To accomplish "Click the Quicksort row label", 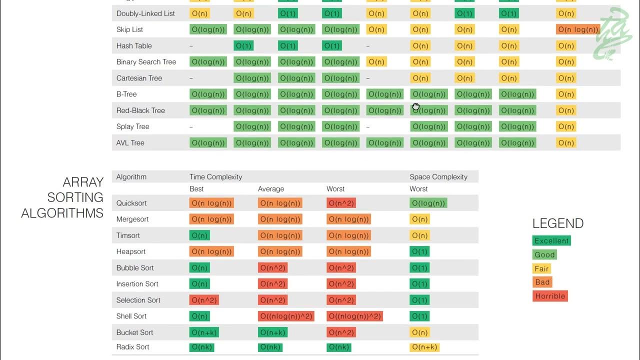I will click(x=131, y=203).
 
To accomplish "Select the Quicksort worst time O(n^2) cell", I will click(x=340, y=203).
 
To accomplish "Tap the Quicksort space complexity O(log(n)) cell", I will click(x=428, y=203).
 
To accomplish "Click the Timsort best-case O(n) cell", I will click(x=199, y=235).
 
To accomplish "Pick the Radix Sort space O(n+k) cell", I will click(x=424, y=347).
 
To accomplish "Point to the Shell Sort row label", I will click(x=131, y=316).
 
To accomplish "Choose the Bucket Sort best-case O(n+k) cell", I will click(x=204, y=332).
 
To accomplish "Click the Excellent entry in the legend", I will click(x=551, y=241).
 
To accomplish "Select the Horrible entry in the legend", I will click(x=550, y=296).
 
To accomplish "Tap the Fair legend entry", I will click(x=541, y=268).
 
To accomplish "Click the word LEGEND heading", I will click(x=558, y=223).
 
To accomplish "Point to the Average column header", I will click(x=271, y=189).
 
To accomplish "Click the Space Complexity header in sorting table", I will click(x=438, y=176).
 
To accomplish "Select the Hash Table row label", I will click(x=134, y=45).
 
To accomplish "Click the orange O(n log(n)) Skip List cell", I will click(x=578, y=29).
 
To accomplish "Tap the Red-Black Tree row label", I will click(x=140, y=110).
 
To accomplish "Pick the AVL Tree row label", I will click(x=130, y=142).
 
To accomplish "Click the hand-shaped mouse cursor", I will click(x=416, y=106).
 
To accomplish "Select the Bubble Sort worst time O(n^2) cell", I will click(x=340, y=268).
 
